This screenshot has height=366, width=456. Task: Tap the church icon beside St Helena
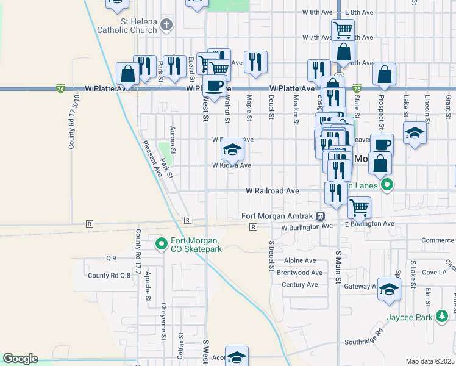167,24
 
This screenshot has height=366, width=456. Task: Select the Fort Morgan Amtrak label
277,216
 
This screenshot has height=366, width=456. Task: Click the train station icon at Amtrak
319,216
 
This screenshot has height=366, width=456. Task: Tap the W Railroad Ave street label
272,191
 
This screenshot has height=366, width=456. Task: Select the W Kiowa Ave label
232,165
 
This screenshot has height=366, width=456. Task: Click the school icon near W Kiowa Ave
232,149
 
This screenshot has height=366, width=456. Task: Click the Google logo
20,359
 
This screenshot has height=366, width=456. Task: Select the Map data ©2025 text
430,361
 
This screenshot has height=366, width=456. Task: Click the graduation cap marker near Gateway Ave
389,289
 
